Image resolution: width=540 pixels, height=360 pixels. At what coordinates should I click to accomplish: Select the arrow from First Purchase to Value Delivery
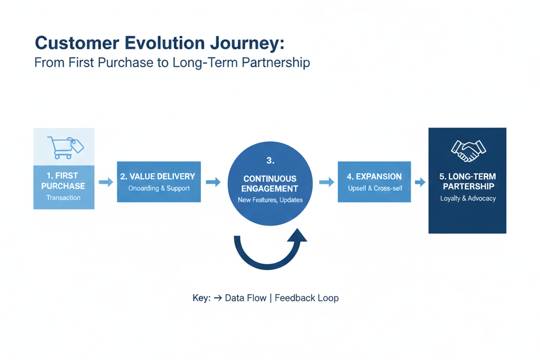tap(106, 182)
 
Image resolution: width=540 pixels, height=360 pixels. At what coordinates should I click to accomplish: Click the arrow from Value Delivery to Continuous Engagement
tap(213, 182)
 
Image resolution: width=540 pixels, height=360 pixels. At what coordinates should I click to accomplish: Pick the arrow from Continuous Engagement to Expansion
tap(327, 182)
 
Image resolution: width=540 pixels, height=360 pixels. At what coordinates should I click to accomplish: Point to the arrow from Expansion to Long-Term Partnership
tap(420, 182)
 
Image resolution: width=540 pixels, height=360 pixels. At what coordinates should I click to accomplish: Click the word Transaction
tap(63, 198)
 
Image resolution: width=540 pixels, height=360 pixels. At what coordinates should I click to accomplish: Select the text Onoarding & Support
tap(159, 188)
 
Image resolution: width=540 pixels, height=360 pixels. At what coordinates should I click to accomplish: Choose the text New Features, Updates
tap(271, 200)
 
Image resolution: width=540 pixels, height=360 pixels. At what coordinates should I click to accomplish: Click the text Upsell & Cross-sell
tap(374, 188)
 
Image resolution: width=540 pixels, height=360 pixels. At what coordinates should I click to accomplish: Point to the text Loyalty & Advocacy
tap(467, 199)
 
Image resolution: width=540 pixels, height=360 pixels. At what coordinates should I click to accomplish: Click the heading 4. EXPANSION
tap(374, 177)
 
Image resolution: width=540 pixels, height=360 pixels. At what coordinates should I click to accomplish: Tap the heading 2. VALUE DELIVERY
tap(159, 177)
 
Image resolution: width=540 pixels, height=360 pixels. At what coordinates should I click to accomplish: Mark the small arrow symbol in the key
tap(217, 298)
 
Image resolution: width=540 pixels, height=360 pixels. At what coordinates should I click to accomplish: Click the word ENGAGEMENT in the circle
tap(271, 188)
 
